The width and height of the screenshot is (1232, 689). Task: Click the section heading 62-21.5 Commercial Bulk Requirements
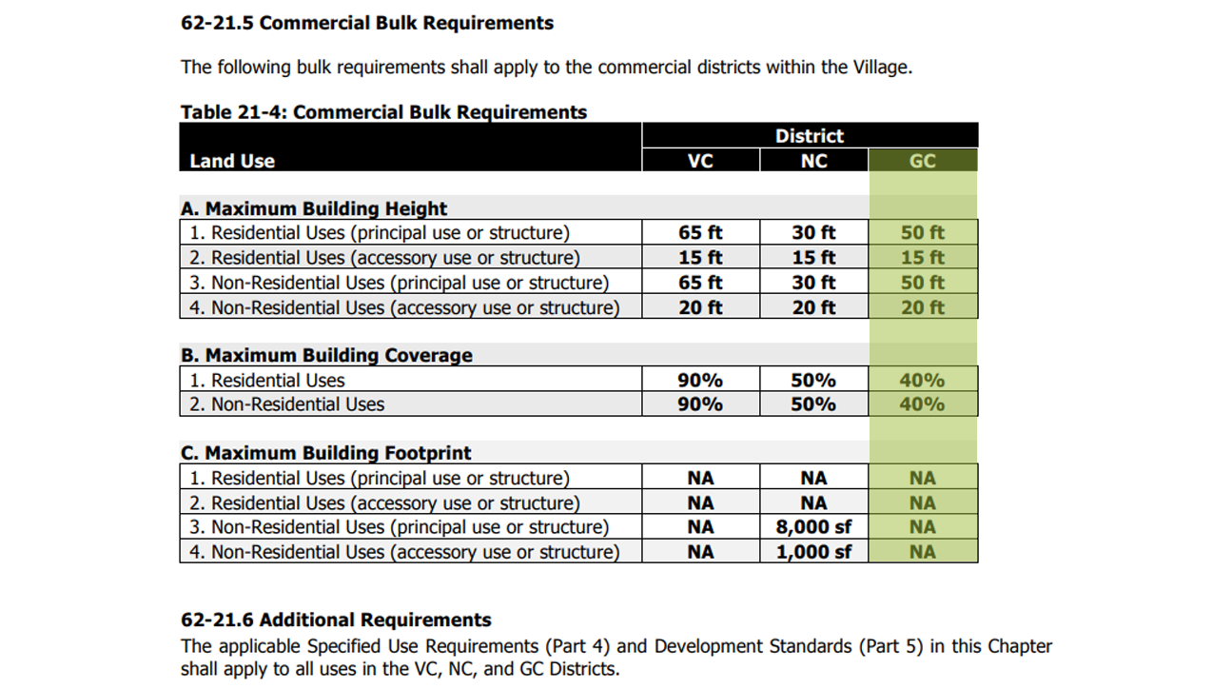click(x=367, y=23)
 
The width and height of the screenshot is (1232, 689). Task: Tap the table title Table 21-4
click(x=383, y=112)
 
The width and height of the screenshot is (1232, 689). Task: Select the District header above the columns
click(x=809, y=136)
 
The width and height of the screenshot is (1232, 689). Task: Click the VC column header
click(x=700, y=161)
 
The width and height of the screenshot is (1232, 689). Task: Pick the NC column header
click(x=813, y=161)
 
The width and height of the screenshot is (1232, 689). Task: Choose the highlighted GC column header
click(x=922, y=161)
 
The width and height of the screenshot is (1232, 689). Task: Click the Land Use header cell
click(x=232, y=161)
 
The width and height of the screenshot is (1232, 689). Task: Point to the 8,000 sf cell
click(x=813, y=527)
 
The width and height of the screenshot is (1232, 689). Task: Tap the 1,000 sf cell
click(x=813, y=552)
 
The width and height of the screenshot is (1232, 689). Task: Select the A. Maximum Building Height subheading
click(x=314, y=208)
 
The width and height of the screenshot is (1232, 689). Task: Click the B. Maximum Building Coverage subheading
click(x=326, y=355)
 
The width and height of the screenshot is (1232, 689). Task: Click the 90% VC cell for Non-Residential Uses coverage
click(x=700, y=404)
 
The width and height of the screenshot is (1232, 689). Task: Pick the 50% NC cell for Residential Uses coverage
click(x=813, y=380)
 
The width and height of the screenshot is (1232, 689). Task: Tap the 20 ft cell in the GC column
click(x=922, y=307)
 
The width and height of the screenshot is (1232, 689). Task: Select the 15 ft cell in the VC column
click(x=700, y=258)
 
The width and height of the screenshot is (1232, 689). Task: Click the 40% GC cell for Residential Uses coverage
click(x=922, y=380)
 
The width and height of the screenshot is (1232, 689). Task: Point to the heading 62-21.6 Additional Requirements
click(x=336, y=620)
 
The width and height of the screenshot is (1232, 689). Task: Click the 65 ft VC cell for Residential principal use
click(x=700, y=233)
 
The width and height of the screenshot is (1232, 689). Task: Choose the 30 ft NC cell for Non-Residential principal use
click(x=813, y=283)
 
